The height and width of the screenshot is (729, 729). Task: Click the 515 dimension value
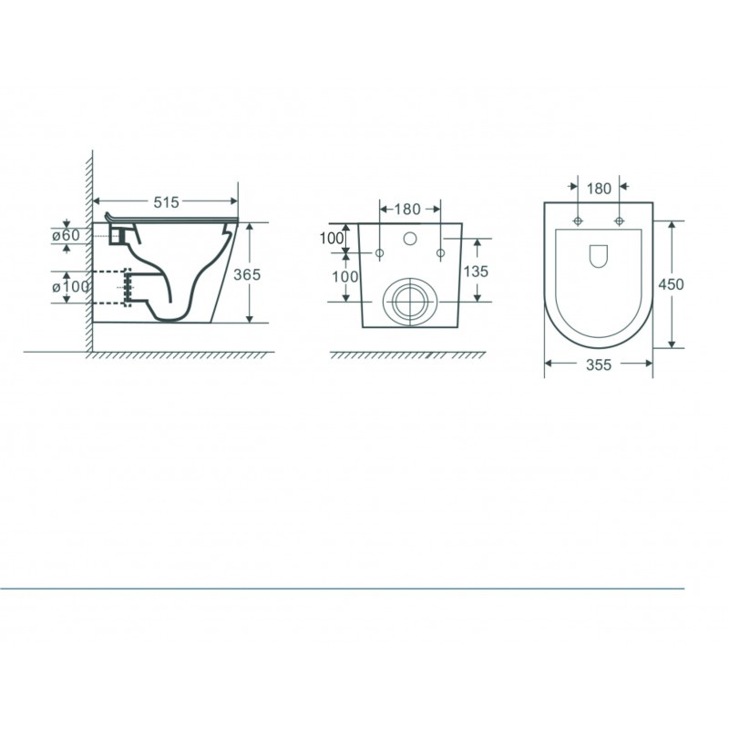click(x=166, y=201)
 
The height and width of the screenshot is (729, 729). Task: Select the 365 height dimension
click(x=247, y=274)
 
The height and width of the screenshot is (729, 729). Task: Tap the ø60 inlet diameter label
click(x=66, y=235)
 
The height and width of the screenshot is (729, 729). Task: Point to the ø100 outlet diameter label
click(x=70, y=286)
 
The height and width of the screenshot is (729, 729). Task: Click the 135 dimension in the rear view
click(x=476, y=271)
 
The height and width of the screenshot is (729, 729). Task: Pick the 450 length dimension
click(x=671, y=283)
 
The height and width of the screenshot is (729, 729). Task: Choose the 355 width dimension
click(x=599, y=364)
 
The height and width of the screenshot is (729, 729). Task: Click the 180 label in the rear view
click(x=407, y=210)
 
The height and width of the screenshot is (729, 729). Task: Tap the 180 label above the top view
click(x=599, y=189)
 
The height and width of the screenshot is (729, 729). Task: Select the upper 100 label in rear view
click(x=332, y=238)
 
